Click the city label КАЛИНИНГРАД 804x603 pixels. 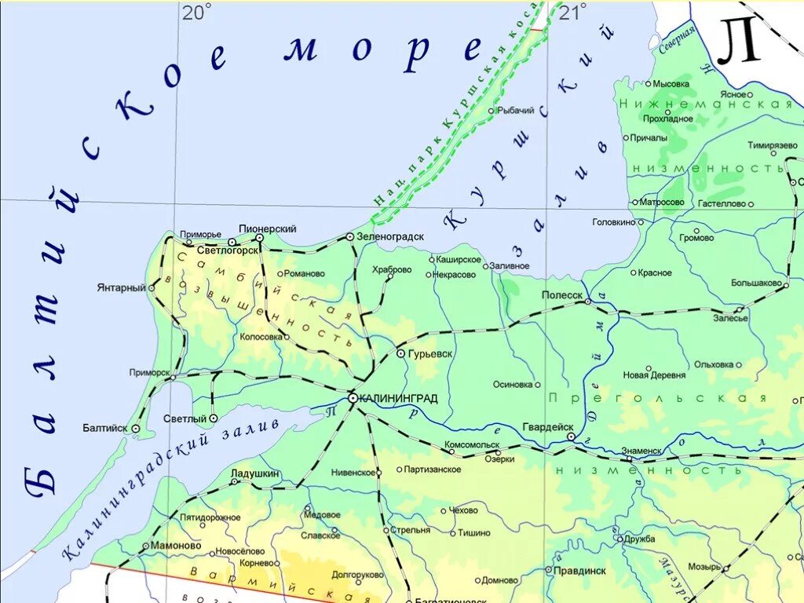399,399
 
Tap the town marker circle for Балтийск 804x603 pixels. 136,429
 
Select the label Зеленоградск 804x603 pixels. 390,236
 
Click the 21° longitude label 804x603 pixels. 572,13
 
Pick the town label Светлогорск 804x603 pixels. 228,251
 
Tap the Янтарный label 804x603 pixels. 122,287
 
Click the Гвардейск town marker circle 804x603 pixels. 572,437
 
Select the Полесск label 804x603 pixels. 562,295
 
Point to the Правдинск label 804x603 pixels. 579,571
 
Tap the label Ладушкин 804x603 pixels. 256,474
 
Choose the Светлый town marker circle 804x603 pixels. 213,418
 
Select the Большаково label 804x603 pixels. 756,283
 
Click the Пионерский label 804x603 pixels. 268,228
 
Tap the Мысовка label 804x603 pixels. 671,83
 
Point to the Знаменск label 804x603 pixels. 641,451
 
